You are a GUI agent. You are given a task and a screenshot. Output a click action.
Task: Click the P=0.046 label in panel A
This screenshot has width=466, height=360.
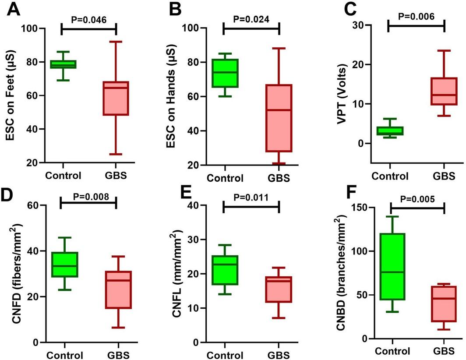(89, 20)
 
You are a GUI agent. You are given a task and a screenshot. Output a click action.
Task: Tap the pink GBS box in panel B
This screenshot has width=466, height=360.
(279, 118)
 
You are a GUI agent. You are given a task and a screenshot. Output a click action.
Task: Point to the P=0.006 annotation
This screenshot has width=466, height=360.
(416, 16)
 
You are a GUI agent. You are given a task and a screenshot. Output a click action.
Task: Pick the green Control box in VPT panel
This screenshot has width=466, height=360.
(390, 131)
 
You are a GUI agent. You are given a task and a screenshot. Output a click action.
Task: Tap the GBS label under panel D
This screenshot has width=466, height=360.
(118, 355)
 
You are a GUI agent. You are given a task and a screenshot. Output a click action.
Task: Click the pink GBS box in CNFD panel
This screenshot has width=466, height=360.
(118, 289)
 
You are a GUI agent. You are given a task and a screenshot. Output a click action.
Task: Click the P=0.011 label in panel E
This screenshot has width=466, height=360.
(251, 198)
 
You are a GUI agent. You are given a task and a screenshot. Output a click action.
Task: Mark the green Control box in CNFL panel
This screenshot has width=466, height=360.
(225, 270)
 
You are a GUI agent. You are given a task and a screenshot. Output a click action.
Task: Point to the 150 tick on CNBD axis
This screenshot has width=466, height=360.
(360, 207)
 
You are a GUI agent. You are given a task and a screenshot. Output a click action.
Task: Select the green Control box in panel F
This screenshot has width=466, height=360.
(392, 266)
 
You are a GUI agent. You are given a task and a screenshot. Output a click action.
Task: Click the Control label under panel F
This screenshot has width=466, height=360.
(392, 351)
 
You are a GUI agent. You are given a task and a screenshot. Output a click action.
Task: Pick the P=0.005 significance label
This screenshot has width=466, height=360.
(417, 199)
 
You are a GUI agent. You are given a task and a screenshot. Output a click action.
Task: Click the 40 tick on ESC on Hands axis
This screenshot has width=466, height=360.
(195, 131)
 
